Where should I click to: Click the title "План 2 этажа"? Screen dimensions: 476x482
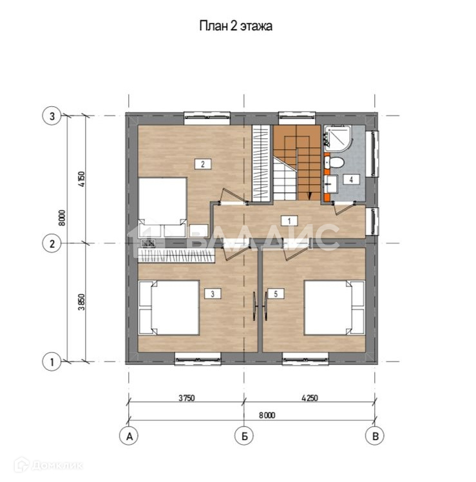point(236,26)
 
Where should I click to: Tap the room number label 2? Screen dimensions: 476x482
point(203,164)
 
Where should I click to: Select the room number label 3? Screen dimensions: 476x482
point(213,294)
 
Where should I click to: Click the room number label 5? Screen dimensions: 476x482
point(276,294)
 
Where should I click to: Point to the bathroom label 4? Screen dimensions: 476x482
point(352,179)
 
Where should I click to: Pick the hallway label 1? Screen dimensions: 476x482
point(289,221)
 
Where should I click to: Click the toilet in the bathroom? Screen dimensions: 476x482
point(334,162)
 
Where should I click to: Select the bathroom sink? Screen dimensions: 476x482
point(330,184)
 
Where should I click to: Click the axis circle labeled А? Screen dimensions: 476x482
point(129,436)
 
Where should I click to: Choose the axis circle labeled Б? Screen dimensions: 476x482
point(244,436)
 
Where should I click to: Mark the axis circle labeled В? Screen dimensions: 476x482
point(375,436)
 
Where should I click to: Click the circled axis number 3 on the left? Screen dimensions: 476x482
point(52,116)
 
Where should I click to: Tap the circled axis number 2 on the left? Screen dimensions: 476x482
point(52,243)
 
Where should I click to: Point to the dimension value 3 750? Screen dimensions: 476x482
point(187,398)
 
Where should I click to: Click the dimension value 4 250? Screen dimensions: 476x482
point(310,398)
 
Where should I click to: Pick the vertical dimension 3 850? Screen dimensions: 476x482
point(81,302)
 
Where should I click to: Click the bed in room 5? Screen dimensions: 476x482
point(334,308)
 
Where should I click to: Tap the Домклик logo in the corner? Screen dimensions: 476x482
point(49,465)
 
